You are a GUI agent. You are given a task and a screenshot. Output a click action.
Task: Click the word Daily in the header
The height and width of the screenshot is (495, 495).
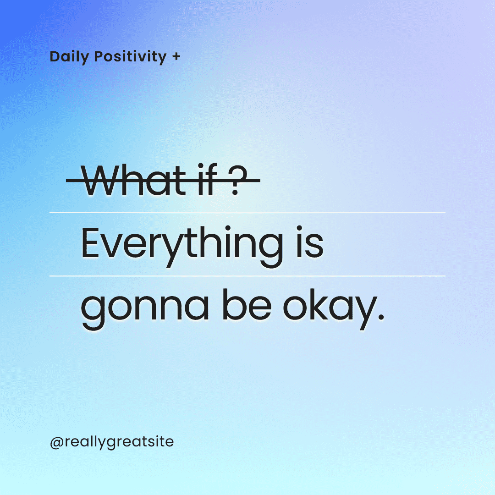tap(70, 57)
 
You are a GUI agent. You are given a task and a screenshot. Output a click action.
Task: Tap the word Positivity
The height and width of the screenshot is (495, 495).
tap(130, 57)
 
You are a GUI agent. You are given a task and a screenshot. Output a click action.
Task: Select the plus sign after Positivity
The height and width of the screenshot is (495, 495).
tap(176, 56)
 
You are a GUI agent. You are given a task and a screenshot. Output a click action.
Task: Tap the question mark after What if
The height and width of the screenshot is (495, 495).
tap(237, 180)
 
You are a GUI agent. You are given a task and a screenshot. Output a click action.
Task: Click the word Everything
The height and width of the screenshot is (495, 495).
tap(182, 247)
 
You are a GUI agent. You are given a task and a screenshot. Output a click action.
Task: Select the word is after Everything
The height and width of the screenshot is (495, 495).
tap(310, 242)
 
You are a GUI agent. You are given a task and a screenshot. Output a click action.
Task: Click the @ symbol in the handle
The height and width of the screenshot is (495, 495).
tap(57, 443)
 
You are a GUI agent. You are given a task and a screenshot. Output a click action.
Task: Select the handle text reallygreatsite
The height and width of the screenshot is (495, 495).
tap(119, 442)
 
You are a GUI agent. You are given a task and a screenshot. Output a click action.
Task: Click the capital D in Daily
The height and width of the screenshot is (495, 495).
tap(56, 57)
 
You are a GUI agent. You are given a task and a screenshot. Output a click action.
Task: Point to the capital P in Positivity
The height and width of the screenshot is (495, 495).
tap(99, 57)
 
